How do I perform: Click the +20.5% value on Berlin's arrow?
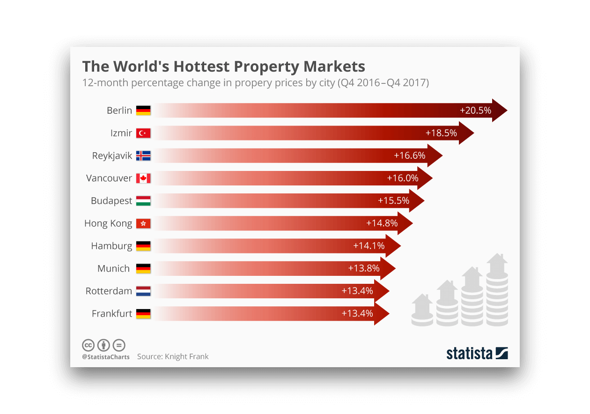click(x=475, y=111)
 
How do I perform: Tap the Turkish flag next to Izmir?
click(x=143, y=133)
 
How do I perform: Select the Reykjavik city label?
click(x=112, y=156)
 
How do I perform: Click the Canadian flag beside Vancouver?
click(x=143, y=178)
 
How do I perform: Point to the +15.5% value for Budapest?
click(x=393, y=200)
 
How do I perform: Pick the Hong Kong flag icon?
click(x=143, y=223)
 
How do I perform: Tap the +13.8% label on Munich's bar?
click(x=363, y=268)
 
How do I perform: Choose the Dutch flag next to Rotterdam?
click(x=143, y=291)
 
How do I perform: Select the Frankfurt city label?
click(x=112, y=314)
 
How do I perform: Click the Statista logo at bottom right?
click(x=477, y=353)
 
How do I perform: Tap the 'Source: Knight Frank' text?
click(x=173, y=357)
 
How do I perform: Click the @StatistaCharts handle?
click(x=106, y=357)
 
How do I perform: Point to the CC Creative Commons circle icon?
click(x=88, y=346)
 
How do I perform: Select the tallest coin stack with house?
click(x=497, y=290)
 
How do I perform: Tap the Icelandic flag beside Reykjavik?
click(x=143, y=156)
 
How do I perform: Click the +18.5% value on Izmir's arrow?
click(x=441, y=133)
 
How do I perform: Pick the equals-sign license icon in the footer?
click(x=119, y=346)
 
